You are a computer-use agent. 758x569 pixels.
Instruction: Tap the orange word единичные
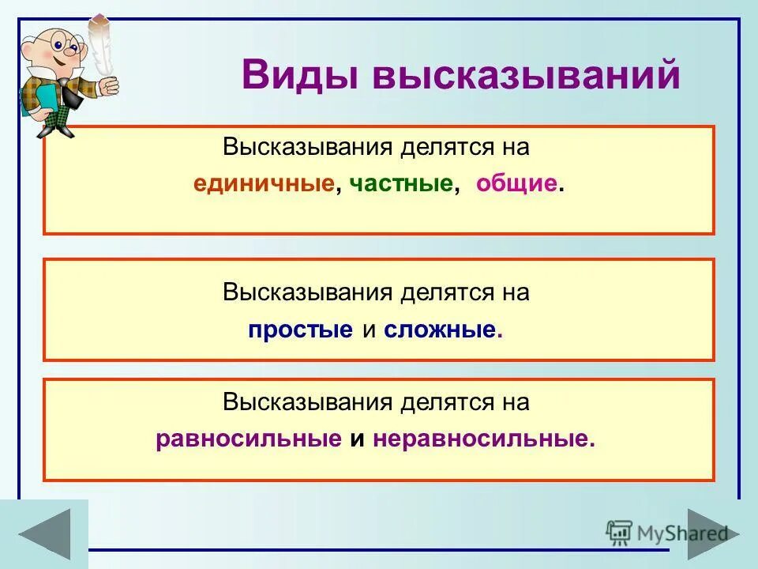[x=263, y=184]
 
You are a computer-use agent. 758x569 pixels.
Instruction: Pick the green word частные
[x=401, y=184]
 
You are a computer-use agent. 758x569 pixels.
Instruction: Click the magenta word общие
[x=517, y=184]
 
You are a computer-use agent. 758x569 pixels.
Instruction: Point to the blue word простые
[x=300, y=330]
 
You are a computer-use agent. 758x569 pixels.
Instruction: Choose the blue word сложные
[x=441, y=330]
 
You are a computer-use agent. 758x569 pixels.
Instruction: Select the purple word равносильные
[x=249, y=439]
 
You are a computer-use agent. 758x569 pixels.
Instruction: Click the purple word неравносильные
[x=481, y=439]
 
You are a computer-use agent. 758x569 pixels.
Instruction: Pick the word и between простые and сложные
[x=368, y=330]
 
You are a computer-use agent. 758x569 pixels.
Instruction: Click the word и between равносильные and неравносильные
[x=357, y=439]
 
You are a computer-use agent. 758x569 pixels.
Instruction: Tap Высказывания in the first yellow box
[x=308, y=148]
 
